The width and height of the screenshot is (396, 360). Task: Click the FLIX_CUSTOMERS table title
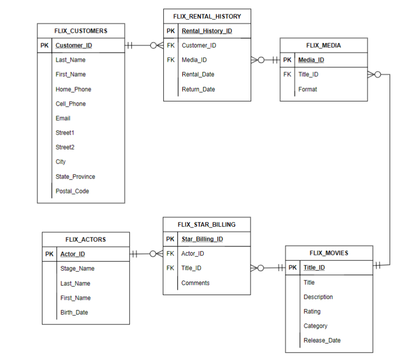pos(81,31)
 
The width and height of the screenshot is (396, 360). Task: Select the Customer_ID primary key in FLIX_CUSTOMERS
pos(74,45)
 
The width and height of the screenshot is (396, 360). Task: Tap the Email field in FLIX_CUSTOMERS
pos(63,118)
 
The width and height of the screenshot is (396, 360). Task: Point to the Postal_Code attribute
pos(72,191)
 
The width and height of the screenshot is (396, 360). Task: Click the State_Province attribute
pos(75,177)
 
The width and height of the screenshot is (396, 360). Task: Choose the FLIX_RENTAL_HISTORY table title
pos(207,16)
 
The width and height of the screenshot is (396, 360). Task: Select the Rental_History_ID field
pos(207,31)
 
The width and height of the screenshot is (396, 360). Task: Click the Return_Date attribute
pos(198,89)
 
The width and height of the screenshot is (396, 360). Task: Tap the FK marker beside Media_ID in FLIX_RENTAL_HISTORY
pos(171,60)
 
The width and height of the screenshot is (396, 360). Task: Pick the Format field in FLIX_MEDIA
pos(307,89)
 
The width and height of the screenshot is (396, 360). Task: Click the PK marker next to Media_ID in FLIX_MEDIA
pos(287,60)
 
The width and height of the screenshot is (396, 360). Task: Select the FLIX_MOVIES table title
pos(329,253)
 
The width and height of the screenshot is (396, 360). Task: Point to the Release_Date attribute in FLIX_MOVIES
pos(322,340)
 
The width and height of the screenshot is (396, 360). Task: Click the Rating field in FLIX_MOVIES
pos(312,311)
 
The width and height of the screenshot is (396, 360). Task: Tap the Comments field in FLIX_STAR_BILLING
pos(195,283)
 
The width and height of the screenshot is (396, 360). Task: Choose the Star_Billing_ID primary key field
pos(202,239)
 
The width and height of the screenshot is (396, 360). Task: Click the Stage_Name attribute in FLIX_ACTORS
pos(77,268)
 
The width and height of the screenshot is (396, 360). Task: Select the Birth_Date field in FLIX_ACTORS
pos(74,312)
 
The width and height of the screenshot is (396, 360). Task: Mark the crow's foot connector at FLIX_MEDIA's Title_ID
pos(374,75)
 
